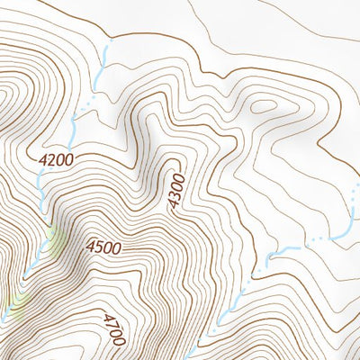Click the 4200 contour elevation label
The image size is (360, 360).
coord(56,159)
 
